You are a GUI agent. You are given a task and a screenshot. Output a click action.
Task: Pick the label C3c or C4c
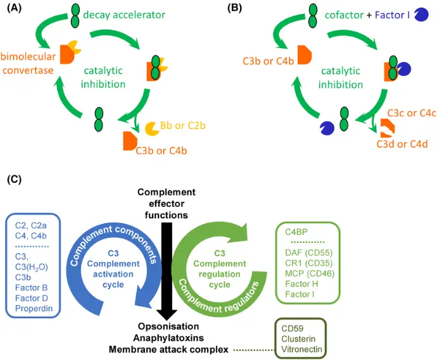pyautogui.click(x=405, y=113)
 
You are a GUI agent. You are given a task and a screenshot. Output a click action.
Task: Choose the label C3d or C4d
pyautogui.click(x=406, y=144)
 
